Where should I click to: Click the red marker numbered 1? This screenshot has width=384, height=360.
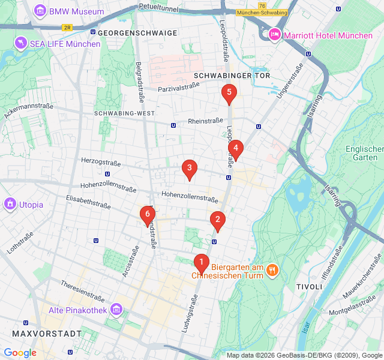point(201,262)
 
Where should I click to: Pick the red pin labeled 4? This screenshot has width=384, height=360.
point(235,148)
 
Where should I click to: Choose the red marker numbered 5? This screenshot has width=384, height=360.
point(229,93)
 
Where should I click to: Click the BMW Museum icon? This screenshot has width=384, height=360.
point(40,11)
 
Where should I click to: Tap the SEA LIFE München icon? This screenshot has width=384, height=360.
point(22,43)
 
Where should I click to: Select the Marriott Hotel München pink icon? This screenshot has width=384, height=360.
point(275,35)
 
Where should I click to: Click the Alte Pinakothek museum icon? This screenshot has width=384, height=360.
point(116,310)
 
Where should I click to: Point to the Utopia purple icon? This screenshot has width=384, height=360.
point(10,204)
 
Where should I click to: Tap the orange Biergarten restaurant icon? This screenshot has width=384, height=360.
point(272,270)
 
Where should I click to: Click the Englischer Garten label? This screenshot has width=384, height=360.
point(364,153)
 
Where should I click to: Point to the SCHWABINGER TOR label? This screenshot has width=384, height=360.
point(232,76)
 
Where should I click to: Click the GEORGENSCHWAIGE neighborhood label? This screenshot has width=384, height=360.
point(137,33)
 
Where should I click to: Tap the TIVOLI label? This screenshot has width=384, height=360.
point(309,288)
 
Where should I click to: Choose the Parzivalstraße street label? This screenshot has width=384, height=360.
point(178,87)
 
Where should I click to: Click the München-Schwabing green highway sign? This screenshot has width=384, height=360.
point(262,12)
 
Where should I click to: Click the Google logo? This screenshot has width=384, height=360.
point(20,353)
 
